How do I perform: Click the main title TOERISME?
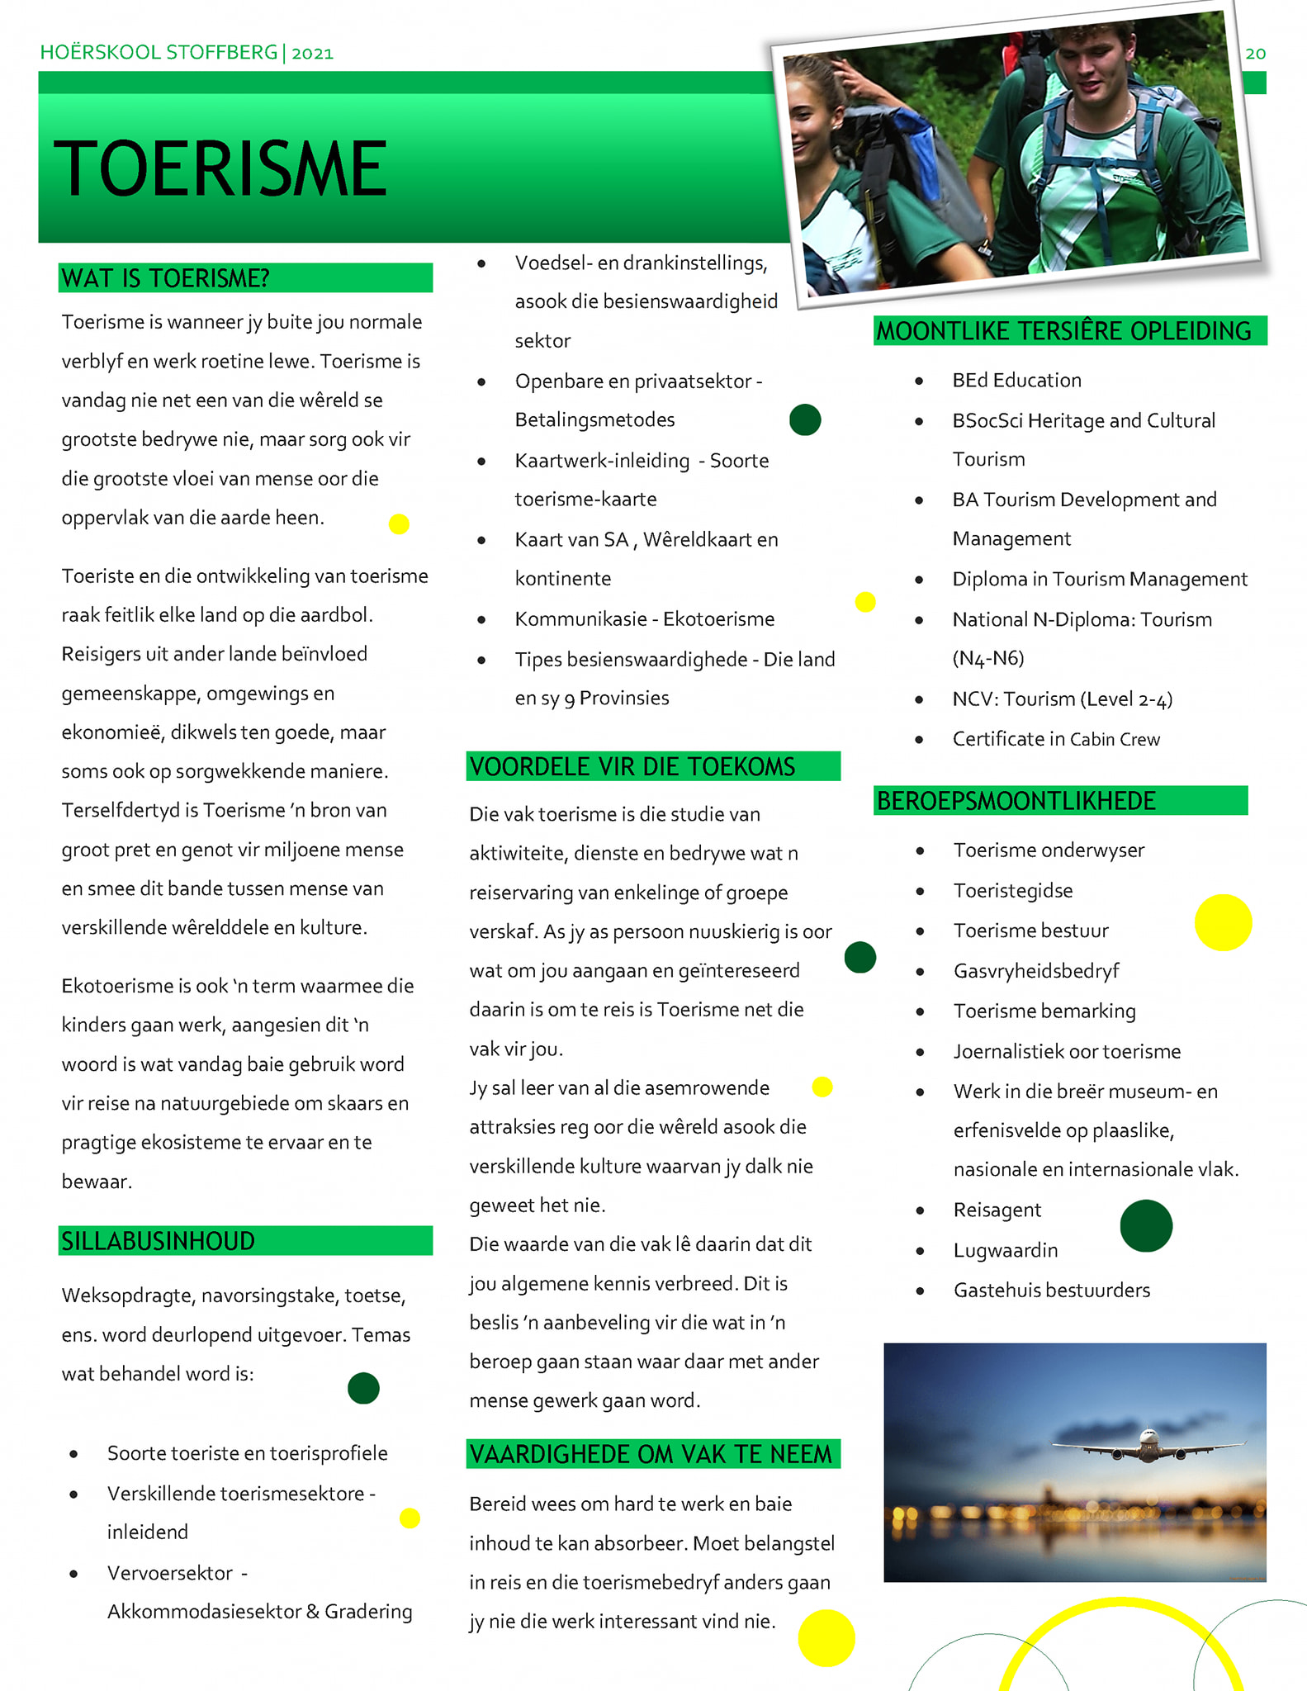tap(220, 168)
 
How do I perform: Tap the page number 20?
tap(1255, 54)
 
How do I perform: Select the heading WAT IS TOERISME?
tap(165, 278)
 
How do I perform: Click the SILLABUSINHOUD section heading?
tap(158, 1241)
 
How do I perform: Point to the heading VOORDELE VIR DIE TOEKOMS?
tap(632, 766)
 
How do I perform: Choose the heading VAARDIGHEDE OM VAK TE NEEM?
tap(651, 1454)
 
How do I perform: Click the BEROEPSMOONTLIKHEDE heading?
tap(1016, 801)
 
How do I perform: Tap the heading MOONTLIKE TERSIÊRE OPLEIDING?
tap(1063, 331)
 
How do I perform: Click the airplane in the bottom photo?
tap(1148, 1444)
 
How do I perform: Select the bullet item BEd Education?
tap(1016, 380)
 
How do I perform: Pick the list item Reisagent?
tap(997, 1210)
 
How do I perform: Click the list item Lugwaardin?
tap(1005, 1250)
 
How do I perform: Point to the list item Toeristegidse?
tap(1012, 890)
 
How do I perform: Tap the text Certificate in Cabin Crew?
tap(1056, 739)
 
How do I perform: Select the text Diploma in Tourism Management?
tap(1099, 579)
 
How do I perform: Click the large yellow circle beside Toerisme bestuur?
tap(1223, 922)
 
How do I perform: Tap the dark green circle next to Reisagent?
tap(1146, 1226)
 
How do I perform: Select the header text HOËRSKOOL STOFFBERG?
tap(159, 53)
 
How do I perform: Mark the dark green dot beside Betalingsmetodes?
tap(805, 419)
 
